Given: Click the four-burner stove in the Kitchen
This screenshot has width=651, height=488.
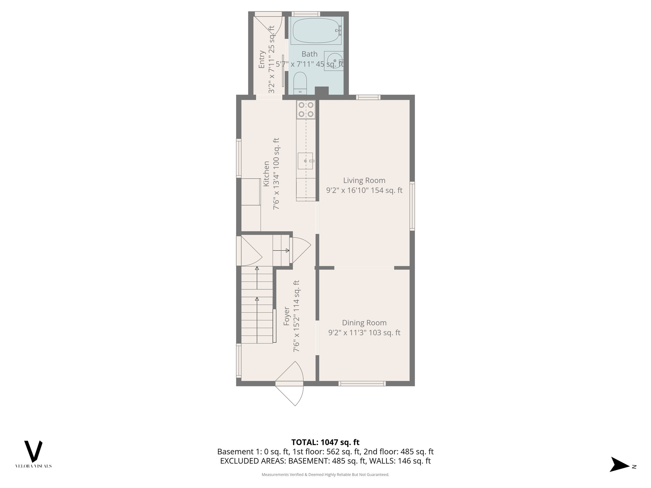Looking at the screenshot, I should (x=306, y=110).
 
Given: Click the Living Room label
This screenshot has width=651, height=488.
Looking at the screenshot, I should (x=364, y=180).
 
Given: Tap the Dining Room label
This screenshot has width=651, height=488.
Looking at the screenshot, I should (x=364, y=323).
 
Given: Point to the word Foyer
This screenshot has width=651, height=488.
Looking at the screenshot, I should (x=287, y=316).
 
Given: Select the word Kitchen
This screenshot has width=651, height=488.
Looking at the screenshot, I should (x=266, y=174).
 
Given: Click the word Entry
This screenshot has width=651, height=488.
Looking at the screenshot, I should (x=262, y=59).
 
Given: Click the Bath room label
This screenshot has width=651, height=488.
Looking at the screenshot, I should (x=309, y=54).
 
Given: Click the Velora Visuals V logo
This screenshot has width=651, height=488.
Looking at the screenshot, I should (x=33, y=451).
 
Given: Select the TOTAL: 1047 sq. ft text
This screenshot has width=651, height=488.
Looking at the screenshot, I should (x=325, y=442).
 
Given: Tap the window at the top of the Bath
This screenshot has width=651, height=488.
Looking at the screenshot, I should (x=305, y=14).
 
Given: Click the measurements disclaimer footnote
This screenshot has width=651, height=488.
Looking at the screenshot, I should (x=325, y=475).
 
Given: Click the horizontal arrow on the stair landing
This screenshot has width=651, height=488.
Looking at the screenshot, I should (x=281, y=250).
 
